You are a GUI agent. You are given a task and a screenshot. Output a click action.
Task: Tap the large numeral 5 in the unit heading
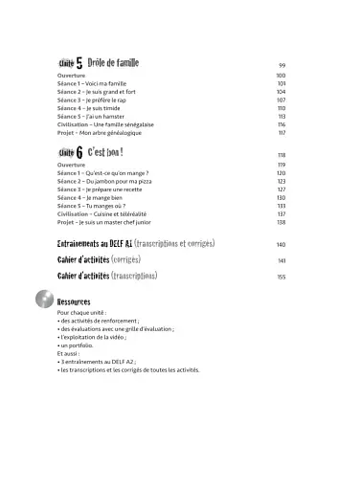(x=79, y=64)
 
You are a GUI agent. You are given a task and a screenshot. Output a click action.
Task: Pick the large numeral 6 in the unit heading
(x=79, y=153)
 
